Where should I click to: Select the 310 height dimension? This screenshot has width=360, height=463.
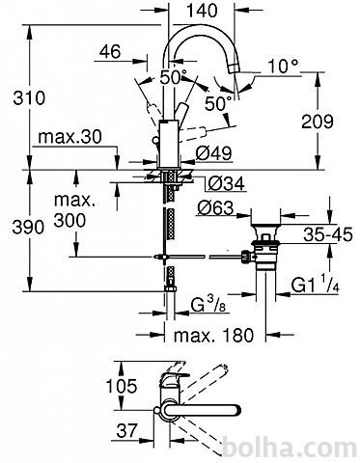(29, 97)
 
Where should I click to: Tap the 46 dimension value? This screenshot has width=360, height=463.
(110, 51)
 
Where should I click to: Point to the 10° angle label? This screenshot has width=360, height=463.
(283, 66)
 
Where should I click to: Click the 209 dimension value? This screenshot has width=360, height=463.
(318, 122)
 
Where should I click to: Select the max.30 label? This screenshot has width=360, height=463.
(69, 137)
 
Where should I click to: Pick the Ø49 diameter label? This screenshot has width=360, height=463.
(213, 153)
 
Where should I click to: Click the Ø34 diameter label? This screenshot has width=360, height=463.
(226, 183)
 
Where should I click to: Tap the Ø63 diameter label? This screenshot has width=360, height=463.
(214, 208)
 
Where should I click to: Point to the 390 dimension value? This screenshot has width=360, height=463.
(28, 227)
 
